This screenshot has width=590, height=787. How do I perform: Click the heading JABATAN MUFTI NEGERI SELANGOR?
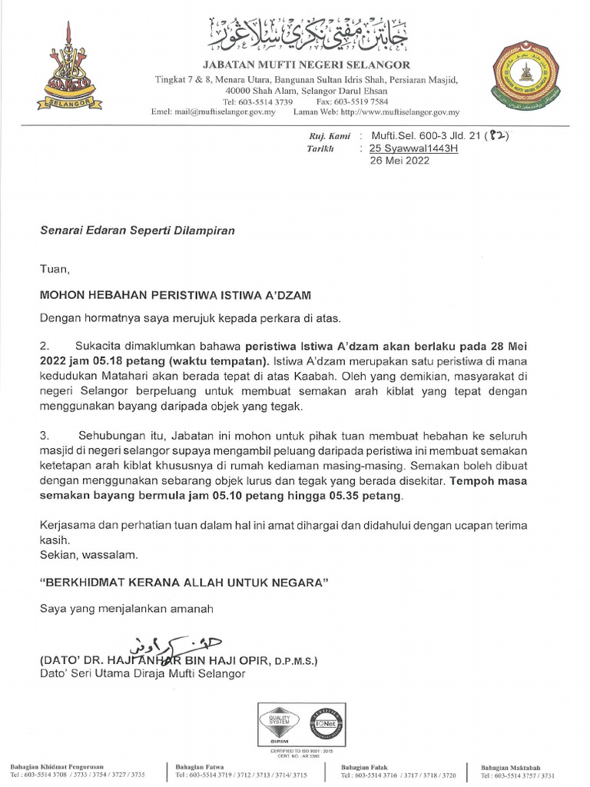point(306,65)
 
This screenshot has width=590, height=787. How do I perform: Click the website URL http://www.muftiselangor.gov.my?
point(399,112)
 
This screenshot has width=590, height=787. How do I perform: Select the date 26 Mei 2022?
point(399,161)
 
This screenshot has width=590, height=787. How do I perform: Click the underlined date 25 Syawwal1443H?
point(413,148)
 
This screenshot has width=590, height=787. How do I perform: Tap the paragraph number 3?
point(44,436)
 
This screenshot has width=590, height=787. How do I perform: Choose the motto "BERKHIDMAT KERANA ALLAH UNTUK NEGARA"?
point(184,583)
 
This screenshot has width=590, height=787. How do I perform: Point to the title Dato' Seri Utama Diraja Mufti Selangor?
point(142,674)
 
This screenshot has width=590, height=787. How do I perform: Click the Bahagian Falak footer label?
point(360,768)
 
